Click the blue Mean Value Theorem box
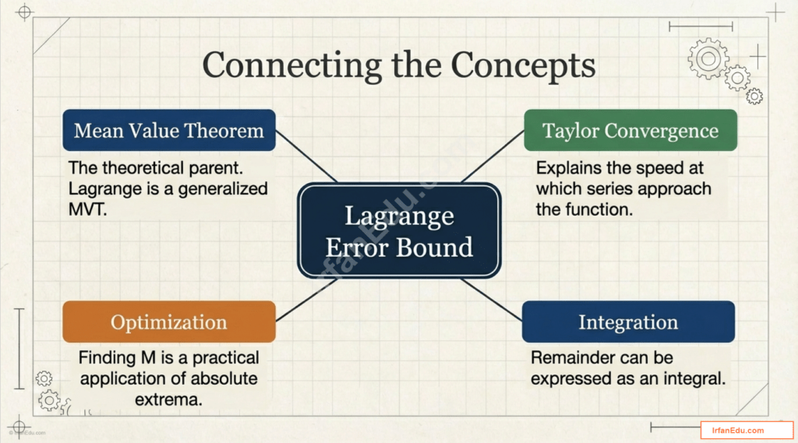click(168, 130)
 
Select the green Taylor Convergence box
click(630, 130)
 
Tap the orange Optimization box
click(168, 322)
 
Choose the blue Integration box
click(627, 322)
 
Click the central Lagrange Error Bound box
click(398, 230)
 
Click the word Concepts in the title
click(523, 65)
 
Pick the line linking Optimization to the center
click(305, 300)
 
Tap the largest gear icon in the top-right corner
click(708, 58)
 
